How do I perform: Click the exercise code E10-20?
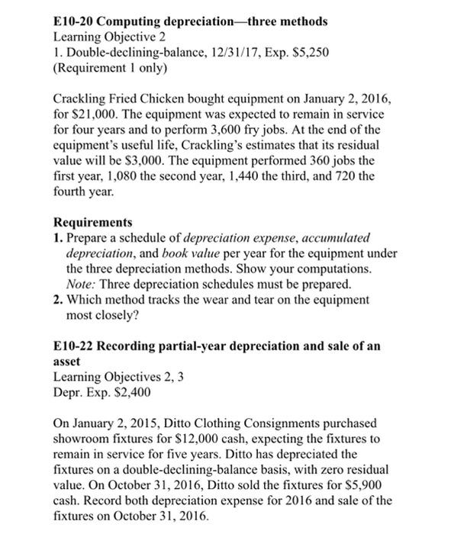(76, 21)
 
